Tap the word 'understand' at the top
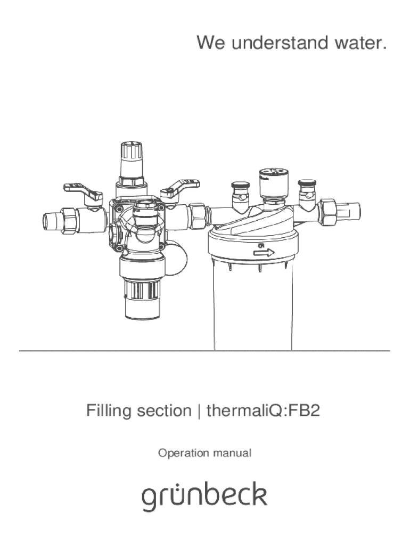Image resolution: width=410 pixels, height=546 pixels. point(280,43)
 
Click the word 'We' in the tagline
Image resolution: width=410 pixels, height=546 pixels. point(211,43)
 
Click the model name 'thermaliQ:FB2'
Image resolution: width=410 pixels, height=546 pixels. point(263,410)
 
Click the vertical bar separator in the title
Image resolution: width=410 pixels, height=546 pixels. point(199,411)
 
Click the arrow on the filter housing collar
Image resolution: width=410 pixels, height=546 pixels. point(264,252)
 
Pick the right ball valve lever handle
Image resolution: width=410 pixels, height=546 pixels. point(180,188)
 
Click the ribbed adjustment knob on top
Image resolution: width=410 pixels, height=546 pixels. point(131,159)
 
